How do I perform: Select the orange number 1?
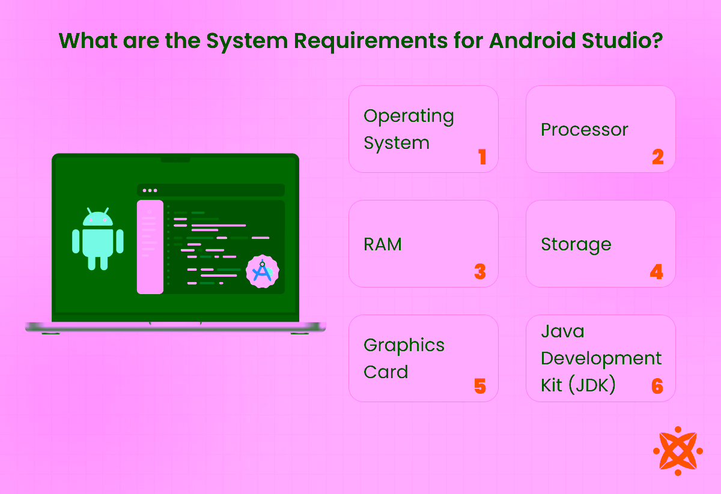(x=481, y=157)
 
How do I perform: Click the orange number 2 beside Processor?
(x=657, y=157)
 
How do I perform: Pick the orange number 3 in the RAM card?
(x=479, y=272)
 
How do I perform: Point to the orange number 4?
(x=656, y=272)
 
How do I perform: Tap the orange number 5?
(x=479, y=386)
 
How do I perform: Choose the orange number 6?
(x=657, y=386)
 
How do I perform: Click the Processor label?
(x=584, y=130)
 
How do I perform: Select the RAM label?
(x=383, y=244)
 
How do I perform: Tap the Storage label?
(x=576, y=245)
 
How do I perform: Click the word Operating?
(x=409, y=116)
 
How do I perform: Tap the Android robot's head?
(x=97, y=218)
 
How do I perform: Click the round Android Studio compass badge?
(x=263, y=271)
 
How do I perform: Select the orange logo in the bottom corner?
(x=677, y=451)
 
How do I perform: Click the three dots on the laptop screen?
(x=150, y=190)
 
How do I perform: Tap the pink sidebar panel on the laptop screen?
(x=150, y=247)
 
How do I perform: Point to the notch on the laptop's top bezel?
(x=175, y=159)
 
